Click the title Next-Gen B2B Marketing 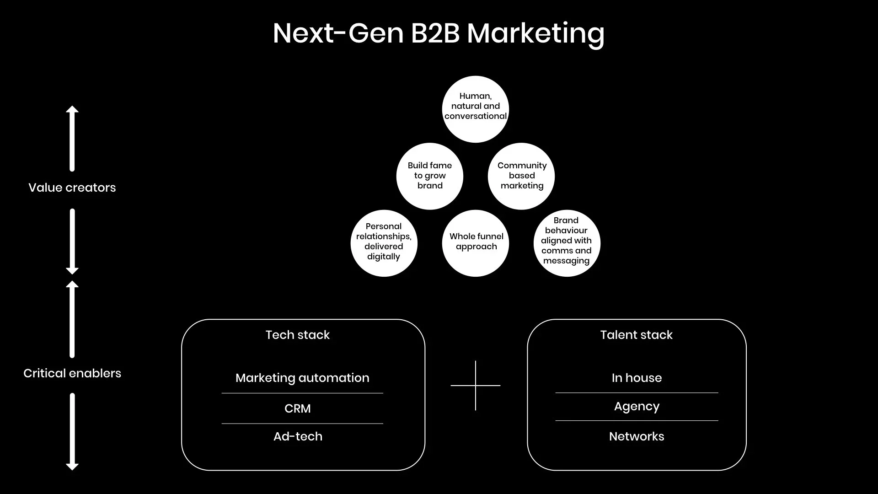(x=438, y=33)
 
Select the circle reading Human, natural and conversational (x=476, y=109)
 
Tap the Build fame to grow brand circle (x=430, y=176)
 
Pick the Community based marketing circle (x=521, y=176)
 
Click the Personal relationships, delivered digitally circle (x=384, y=243)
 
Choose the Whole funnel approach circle (x=476, y=243)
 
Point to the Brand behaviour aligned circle (x=567, y=243)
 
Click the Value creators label (x=72, y=188)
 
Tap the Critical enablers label (x=72, y=373)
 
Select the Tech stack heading (x=298, y=335)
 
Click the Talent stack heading (x=636, y=335)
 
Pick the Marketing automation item (x=302, y=378)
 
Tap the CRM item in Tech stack (x=298, y=408)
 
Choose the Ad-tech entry (x=298, y=436)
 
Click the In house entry (x=637, y=378)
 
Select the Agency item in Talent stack (x=637, y=407)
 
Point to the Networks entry (x=637, y=436)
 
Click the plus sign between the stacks (x=476, y=386)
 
